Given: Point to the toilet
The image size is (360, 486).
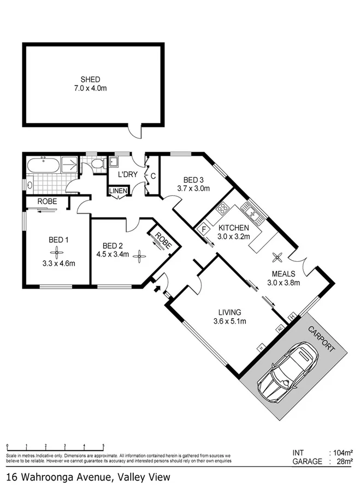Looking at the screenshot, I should (97, 163).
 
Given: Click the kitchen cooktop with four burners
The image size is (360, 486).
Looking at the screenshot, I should (223, 209).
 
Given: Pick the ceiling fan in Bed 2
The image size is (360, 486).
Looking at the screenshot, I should (140, 254).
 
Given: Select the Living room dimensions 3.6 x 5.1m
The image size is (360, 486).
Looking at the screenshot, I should (229, 321).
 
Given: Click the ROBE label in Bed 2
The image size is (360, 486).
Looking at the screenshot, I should (162, 238).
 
